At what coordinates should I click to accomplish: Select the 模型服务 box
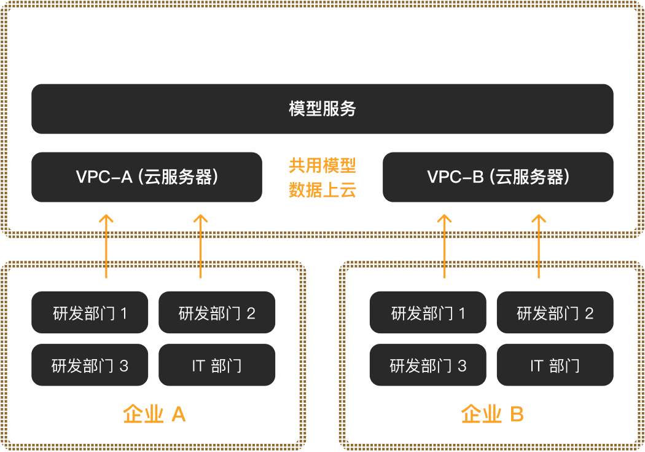[322, 109]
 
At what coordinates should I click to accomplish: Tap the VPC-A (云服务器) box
[147, 177]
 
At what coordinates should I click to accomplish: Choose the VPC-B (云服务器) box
[498, 177]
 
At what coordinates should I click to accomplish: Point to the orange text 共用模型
[322, 165]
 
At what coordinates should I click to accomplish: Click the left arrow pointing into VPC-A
[107, 246]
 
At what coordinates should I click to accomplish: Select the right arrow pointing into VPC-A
[201, 246]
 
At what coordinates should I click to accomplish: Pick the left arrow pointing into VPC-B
[445, 246]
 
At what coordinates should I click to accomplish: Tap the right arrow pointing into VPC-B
[539, 246]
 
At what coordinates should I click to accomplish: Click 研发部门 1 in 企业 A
[90, 313]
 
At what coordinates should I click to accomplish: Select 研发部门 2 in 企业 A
[217, 313]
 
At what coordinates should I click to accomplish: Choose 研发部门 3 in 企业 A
[90, 366]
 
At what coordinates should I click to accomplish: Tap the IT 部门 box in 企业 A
[217, 366]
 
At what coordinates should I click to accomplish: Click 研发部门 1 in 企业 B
[428, 313]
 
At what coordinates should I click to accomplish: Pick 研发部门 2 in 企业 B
[555, 313]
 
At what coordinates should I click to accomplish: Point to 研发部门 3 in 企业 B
[428, 366]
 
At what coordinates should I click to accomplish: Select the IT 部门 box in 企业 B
[555, 366]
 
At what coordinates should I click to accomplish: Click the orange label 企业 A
[154, 414]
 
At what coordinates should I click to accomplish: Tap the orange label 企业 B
[492, 414]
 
